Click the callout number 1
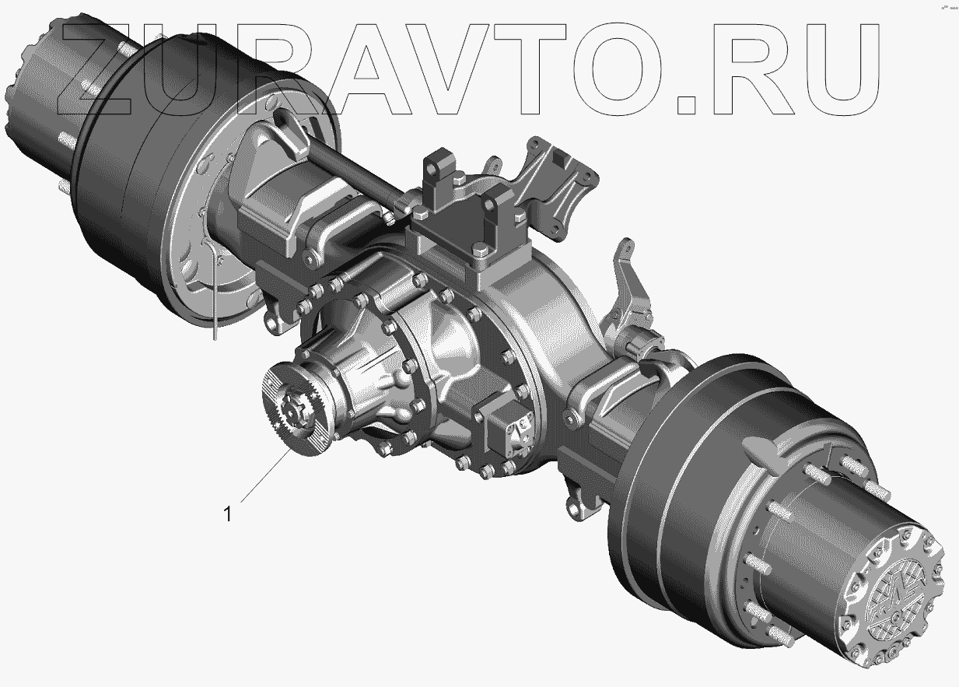(228, 514)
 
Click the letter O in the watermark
(619, 69)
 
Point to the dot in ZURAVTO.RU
(686, 105)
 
